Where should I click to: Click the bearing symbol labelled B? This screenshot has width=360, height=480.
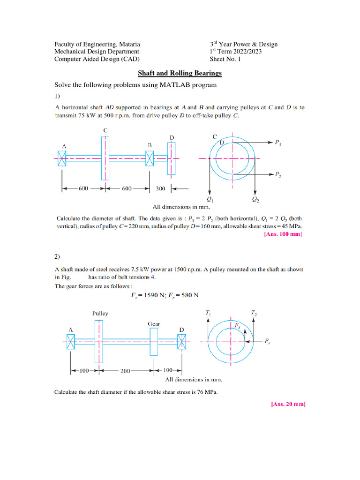(150, 159)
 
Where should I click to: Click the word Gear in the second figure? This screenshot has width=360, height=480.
(155, 323)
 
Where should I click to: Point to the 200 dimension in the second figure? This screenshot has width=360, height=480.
(125, 371)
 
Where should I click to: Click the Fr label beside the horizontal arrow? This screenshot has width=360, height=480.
(267, 343)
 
